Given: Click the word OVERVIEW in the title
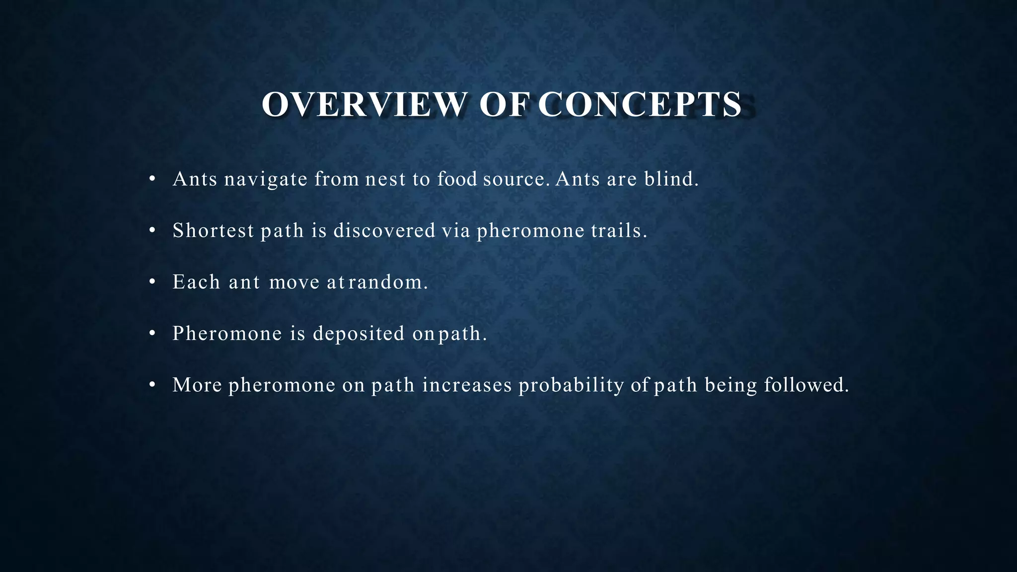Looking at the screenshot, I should tap(364, 105).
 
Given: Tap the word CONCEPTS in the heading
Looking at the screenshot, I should tap(640, 105).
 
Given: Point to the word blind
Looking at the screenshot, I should tap(671, 179).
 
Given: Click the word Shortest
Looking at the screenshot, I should tap(213, 230).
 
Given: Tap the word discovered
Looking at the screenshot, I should tap(384, 230).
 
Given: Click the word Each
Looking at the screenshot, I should tap(196, 282).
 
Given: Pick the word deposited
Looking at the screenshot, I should tap(359, 334).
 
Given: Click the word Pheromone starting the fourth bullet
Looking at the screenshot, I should tap(227, 334).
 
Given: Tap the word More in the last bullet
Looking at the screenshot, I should tap(197, 385).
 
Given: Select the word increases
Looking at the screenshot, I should tap(467, 385).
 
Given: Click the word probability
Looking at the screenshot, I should tap(571, 385).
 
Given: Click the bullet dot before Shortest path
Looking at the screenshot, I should tap(152, 230).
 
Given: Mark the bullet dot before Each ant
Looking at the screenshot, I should tap(152, 282).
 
